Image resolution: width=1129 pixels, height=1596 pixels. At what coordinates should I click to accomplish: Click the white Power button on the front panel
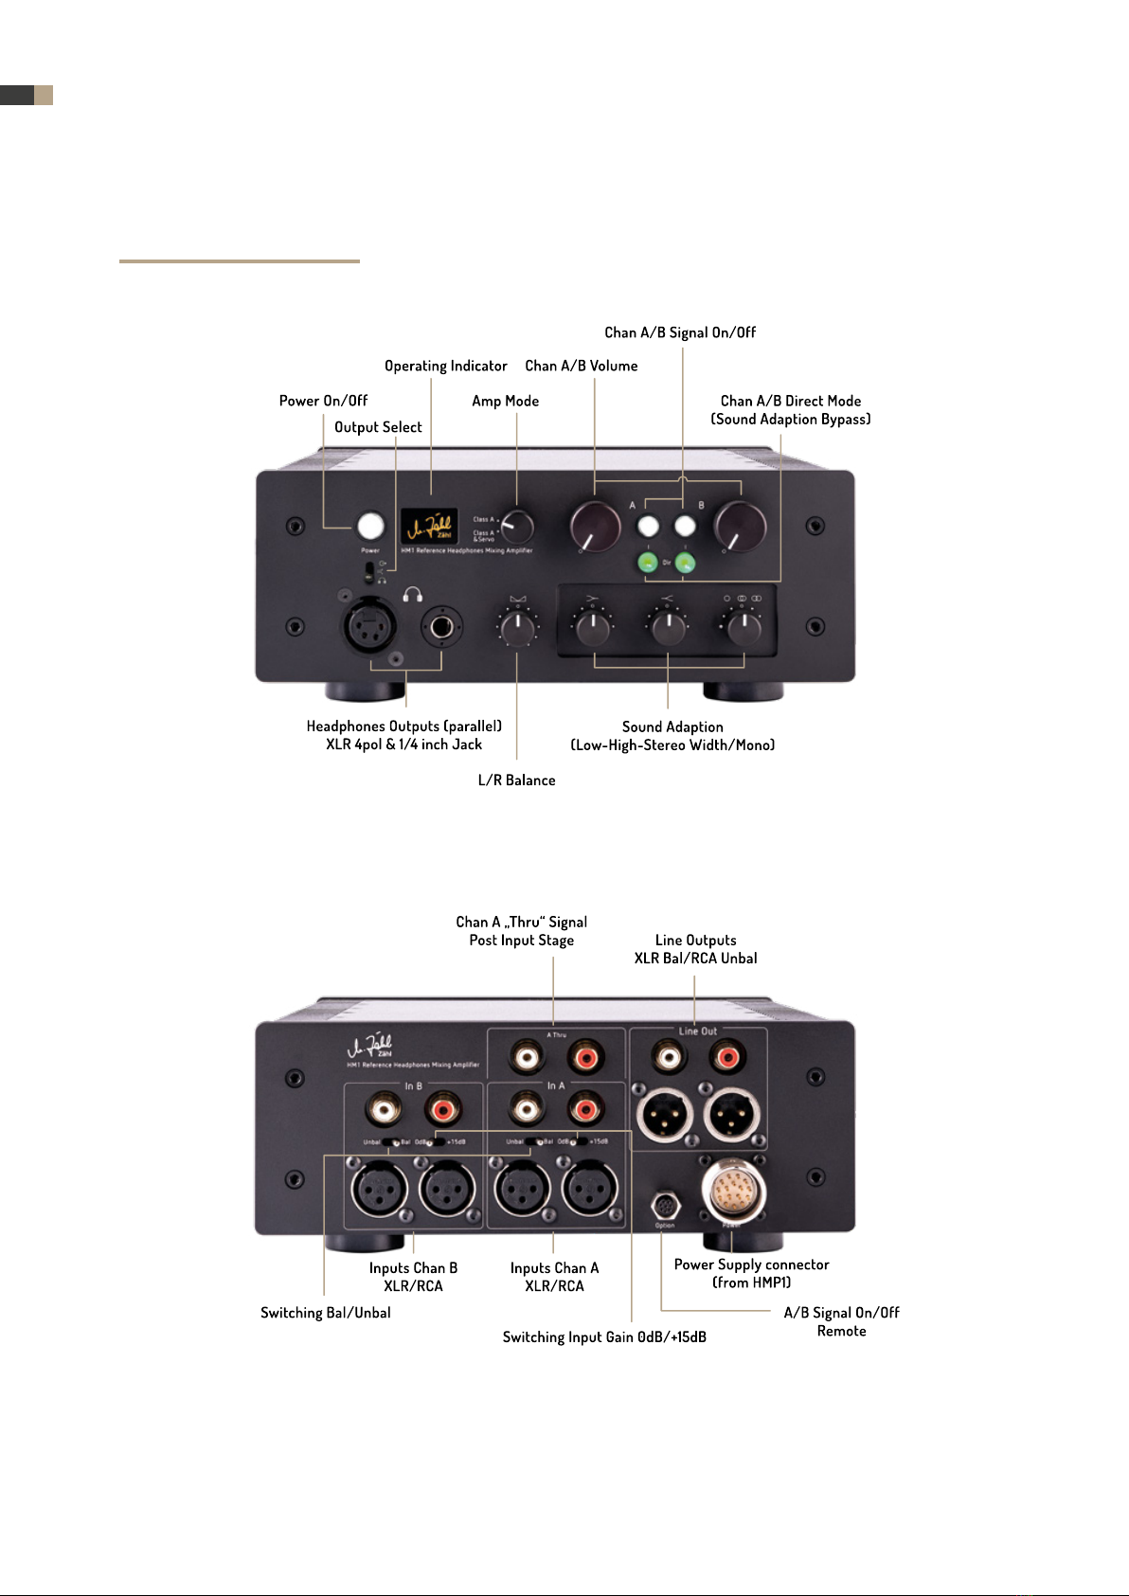(370, 527)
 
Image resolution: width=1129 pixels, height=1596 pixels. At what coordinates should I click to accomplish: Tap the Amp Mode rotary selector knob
(517, 526)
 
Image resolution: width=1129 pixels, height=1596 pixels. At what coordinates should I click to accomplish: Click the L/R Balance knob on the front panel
(517, 627)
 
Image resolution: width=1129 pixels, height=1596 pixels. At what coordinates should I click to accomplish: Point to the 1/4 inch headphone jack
(441, 626)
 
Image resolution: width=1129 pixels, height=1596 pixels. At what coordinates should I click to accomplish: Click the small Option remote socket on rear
(665, 1207)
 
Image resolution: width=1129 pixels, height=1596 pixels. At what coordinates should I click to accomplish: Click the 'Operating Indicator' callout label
(445, 366)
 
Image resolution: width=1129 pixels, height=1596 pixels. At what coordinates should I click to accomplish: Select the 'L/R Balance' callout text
(516, 780)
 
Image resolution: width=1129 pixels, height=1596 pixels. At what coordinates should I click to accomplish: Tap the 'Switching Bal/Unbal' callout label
(325, 1313)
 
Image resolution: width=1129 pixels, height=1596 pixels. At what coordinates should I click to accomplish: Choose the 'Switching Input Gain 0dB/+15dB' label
(604, 1337)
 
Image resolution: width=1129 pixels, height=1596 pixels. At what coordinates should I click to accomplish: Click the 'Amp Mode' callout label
(505, 401)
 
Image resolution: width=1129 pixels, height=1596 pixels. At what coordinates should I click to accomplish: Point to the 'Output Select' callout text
(378, 427)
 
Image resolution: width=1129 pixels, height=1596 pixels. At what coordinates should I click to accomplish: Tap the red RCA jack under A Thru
(585, 1055)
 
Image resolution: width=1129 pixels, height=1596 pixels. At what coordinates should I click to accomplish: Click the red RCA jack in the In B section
(442, 1106)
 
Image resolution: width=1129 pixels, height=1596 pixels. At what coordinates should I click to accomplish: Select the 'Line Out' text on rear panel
(698, 1031)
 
